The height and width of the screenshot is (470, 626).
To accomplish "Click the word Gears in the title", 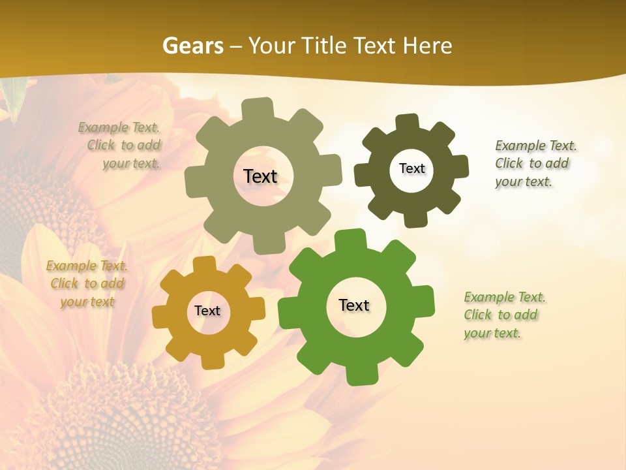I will pyautogui.click(x=193, y=46).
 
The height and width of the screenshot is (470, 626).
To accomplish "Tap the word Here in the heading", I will pyautogui.click(x=427, y=46).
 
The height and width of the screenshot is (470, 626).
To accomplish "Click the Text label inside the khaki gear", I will pyautogui.click(x=260, y=176).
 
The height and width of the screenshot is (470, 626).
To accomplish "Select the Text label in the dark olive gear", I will pyautogui.click(x=411, y=168).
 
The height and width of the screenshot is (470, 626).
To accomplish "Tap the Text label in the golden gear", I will pyautogui.click(x=207, y=311).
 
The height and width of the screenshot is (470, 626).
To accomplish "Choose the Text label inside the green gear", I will pyautogui.click(x=354, y=305).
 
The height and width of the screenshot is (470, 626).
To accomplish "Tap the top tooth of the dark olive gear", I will pyautogui.click(x=408, y=122).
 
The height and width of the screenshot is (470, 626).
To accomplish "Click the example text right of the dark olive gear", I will pyautogui.click(x=535, y=163).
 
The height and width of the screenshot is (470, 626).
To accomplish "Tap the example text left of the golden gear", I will pyautogui.click(x=87, y=283).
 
